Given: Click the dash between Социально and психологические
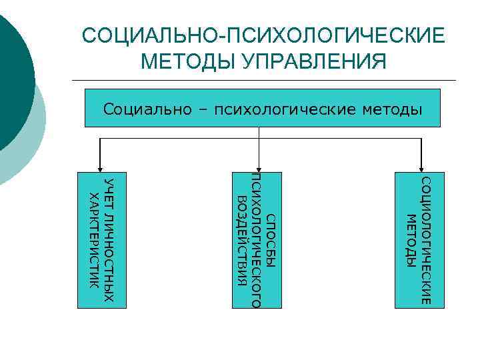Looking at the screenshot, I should [197, 108].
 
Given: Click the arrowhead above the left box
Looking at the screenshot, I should [100, 169].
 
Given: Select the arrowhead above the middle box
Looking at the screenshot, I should [259, 169].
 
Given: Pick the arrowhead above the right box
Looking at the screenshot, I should [421, 169].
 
